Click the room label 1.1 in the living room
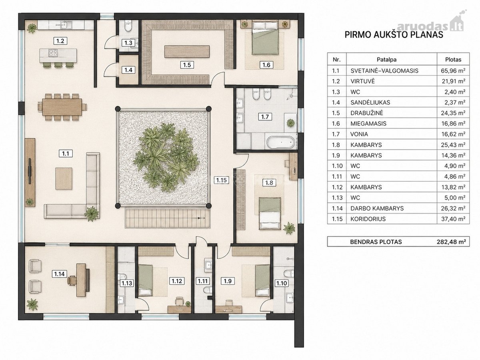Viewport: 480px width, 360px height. (x=66, y=154)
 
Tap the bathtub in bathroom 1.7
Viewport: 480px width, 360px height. (x=280, y=142)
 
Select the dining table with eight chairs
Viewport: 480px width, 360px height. (x=62, y=107)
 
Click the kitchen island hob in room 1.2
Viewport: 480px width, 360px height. (x=53, y=53)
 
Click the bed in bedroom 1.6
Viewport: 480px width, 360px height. (x=265, y=37)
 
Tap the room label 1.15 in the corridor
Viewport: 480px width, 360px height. (x=222, y=180)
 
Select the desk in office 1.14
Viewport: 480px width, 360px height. (x=81, y=280)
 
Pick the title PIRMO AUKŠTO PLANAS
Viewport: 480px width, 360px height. (x=394, y=35)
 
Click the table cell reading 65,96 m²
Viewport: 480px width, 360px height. (x=453, y=71)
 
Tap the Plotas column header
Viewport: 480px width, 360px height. (x=453, y=60)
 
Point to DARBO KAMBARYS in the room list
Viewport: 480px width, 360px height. (x=377, y=208)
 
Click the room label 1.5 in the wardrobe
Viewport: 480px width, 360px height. (x=187, y=65)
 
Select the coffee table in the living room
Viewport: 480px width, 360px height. (x=64, y=178)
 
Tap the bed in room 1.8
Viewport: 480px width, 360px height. (x=270, y=214)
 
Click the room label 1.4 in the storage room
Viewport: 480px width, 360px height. (x=128, y=70)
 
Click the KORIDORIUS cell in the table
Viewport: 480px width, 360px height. (x=368, y=219)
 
